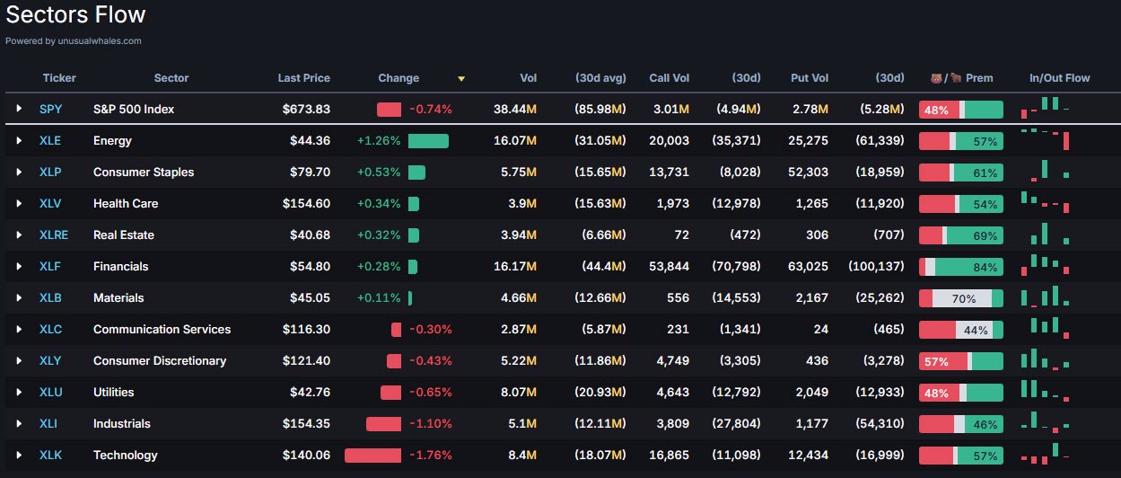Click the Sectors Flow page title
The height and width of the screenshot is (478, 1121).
(75, 15)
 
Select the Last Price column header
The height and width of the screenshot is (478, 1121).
(303, 78)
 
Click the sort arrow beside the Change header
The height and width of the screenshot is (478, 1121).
(461, 79)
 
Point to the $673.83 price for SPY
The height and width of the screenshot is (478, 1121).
(306, 110)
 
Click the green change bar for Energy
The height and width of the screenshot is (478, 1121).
(428, 141)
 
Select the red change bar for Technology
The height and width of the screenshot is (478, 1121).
(372, 456)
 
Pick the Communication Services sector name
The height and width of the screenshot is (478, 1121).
(162, 330)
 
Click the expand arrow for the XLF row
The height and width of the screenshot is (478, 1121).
(19, 267)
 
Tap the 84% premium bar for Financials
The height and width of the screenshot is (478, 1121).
(960, 267)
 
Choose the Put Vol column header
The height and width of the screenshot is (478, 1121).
(810, 78)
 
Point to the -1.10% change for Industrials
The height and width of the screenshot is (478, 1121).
(431, 424)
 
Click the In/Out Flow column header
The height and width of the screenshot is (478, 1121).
(1059, 78)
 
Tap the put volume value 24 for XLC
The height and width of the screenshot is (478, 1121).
(820, 330)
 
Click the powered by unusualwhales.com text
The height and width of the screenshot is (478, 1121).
(74, 40)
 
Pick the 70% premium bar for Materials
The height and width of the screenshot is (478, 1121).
(960, 298)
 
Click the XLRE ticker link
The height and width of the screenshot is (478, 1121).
(54, 235)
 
